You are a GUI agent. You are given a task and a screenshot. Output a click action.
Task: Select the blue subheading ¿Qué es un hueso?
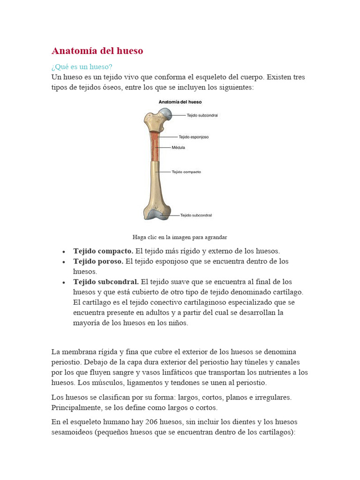coord(82,67)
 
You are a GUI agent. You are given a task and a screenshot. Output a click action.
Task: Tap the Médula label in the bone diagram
coord(179,148)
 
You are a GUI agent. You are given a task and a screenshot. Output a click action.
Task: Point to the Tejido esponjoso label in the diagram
coord(194,137)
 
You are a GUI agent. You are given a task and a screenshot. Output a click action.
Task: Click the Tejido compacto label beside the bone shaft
coord(187,172)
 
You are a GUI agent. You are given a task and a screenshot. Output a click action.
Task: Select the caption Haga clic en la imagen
coord(180,237)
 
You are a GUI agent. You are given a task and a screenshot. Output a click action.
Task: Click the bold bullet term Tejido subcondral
coord(106,282)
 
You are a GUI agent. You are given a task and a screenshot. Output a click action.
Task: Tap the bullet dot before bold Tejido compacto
coord(63,251)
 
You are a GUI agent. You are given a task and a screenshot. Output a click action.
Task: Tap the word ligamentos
coord(124,382)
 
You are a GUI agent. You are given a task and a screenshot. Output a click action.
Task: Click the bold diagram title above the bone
coord(180,102)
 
